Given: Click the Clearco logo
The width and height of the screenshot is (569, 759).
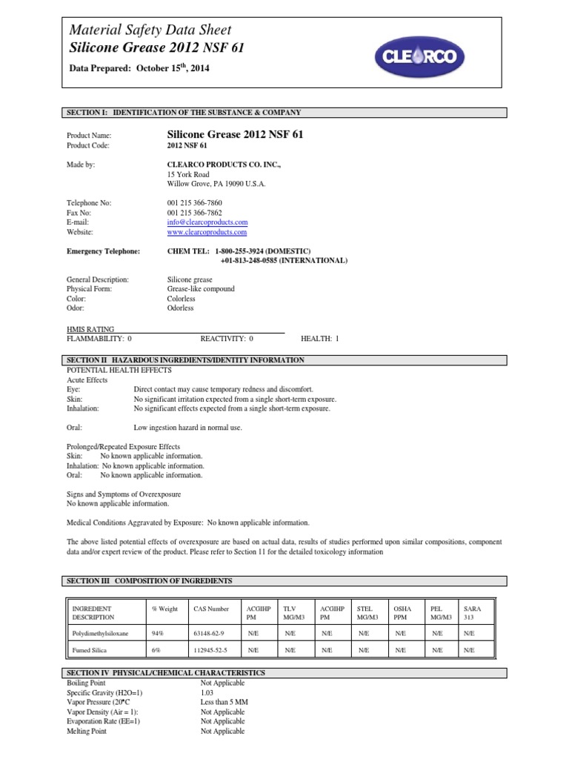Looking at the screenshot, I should point(425,54).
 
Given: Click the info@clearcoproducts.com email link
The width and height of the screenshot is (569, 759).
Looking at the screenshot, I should point(207,222).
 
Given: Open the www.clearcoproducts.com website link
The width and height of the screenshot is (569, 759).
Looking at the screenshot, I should point(207,232).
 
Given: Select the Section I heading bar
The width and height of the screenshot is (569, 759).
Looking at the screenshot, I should point(284,113).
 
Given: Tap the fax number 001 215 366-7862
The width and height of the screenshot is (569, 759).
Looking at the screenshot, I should point(195,212).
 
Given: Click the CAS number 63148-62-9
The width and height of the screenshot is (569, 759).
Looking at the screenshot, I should point(209,634).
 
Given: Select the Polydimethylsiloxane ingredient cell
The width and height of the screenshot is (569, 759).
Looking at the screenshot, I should point(102,634).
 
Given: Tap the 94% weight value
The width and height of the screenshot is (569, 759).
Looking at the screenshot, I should point(158,634).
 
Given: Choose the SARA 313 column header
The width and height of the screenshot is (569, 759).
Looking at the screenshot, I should point(472,613).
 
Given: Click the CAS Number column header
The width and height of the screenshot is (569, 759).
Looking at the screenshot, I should point(211,609).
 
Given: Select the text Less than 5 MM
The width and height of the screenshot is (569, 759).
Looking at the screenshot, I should point(224,702).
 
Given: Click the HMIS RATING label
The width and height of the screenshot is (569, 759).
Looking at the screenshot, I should point(90,329).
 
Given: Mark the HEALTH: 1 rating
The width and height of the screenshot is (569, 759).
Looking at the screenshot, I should point(319,339).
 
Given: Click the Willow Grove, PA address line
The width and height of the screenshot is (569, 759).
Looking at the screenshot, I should point(216,183).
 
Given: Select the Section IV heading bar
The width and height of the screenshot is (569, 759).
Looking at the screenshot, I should point(284,673).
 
